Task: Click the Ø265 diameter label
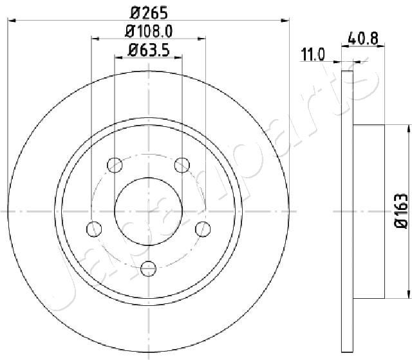click(149, 13)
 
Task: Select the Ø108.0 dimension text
click(149, 32)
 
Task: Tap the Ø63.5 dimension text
click(149, 50)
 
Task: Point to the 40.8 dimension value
click(363, 39)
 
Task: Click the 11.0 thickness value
click(313, 55)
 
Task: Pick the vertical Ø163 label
click(401, 210)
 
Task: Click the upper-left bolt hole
click(115, 165)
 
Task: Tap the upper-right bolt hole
click(182, 165)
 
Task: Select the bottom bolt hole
click(149, 269)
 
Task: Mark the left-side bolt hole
click(94, 229)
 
